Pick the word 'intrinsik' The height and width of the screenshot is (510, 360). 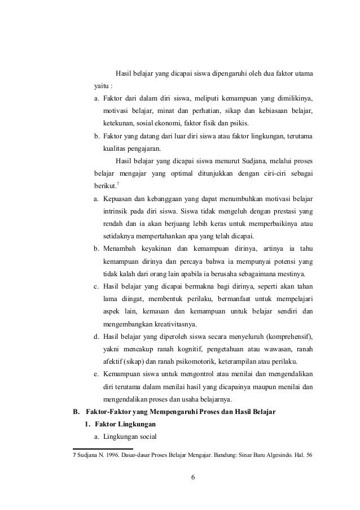pos(118,211)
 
